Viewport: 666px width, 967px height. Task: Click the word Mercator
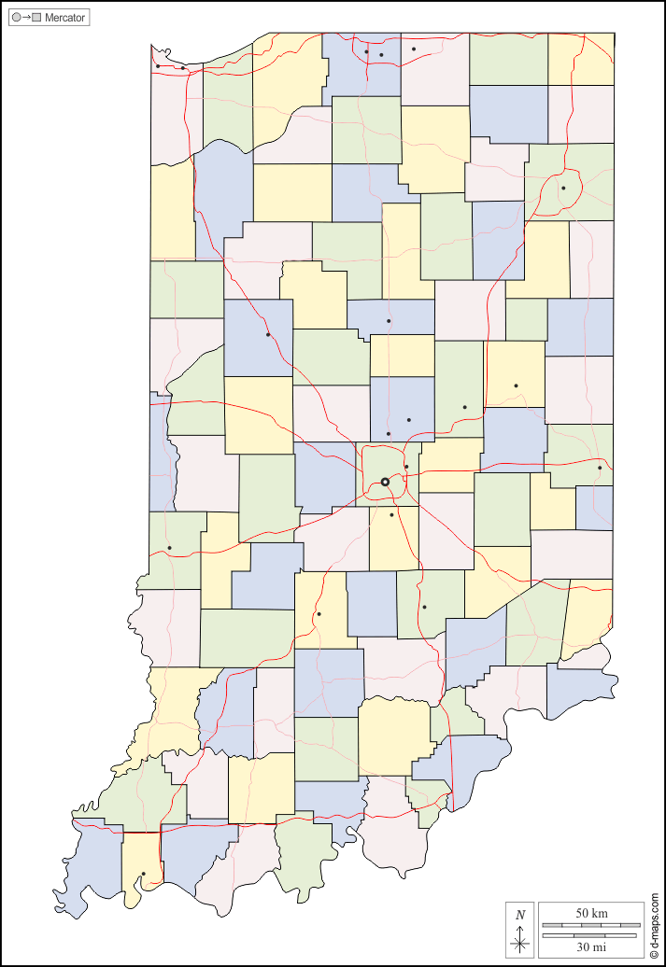coord(64,18)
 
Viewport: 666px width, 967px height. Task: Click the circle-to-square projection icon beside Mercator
coord(26,18)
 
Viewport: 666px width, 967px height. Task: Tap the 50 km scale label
coord(591,912)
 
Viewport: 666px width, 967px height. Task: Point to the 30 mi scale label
coord(591,947)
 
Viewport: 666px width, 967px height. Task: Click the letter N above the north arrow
coord(520,915)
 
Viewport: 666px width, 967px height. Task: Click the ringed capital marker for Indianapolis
coord(385,482)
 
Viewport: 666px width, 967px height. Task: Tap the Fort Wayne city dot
coord(563,189)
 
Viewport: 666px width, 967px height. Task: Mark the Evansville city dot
coord(143,874)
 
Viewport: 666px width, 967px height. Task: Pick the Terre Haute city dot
coord(169,548)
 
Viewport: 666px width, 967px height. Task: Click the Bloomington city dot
coord(319,613)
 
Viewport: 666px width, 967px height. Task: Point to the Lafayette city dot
coord(268,334)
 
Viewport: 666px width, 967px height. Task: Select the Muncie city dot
coord(516,385)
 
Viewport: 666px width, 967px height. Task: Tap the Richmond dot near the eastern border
coord(600,468)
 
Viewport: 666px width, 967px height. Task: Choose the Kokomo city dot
coord(389,321)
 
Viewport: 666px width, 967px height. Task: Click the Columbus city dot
coord(424,607)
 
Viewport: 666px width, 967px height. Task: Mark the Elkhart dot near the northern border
coord(414,49)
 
